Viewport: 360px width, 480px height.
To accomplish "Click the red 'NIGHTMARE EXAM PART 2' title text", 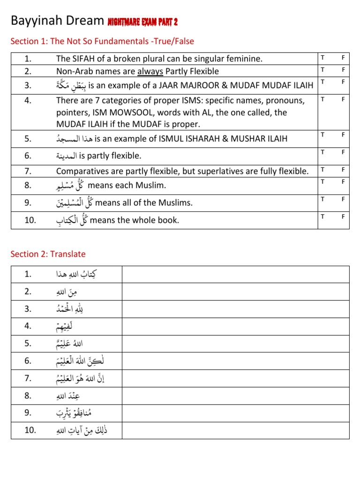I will click(142, 22).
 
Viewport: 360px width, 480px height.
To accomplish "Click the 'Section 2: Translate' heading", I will click(48, 254).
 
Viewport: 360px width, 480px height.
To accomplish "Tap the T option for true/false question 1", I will click(323, 57).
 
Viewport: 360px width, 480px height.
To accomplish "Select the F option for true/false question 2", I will click(343, 69).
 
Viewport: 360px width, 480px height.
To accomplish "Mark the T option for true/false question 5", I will click(323, 135).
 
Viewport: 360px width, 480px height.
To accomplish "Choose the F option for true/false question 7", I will click(343, 169).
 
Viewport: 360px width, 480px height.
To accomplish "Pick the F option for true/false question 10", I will click(343, 216).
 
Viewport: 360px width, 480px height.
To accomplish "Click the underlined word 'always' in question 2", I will click(150, 71).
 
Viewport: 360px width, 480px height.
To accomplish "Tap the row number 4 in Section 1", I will click(28, 100).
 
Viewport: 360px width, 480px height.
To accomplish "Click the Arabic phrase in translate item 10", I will click(82, 430).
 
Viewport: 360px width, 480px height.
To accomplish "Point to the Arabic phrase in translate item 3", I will click(71, 309).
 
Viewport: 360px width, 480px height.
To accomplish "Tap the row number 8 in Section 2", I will click(28, 396).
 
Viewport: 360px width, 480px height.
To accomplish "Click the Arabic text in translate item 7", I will click(82, 378).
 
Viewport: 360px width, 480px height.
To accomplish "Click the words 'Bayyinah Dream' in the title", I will click(57, 21).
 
